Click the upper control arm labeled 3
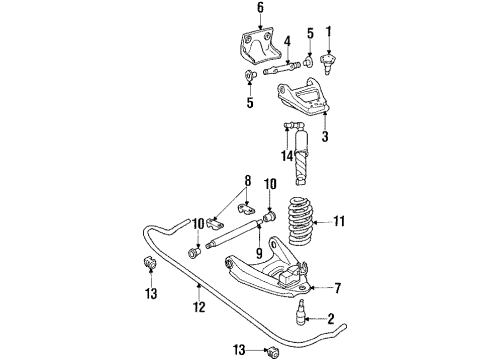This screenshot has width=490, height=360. tap(300, 103)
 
